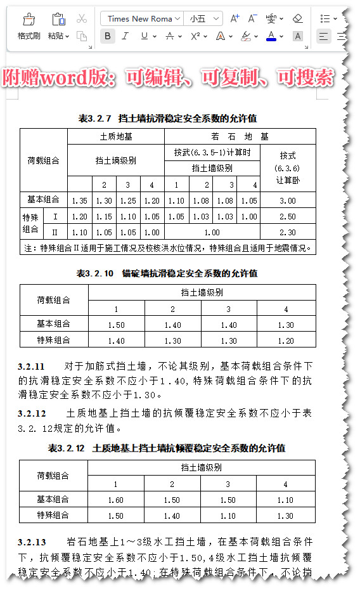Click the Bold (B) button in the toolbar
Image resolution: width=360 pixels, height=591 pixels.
click(x=107, y=36)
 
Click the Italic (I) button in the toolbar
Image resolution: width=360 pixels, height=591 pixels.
click(x=125, y=36)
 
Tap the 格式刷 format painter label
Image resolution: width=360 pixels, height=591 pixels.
click(x=29, y=36)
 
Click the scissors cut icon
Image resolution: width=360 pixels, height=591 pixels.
click(x=81, y=18)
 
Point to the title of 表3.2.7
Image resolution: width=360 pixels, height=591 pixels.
click(x=167, y=119)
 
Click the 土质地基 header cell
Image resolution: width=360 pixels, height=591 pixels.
click(x=116, y=136)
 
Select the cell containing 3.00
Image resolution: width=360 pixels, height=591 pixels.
click(x=288, y=200)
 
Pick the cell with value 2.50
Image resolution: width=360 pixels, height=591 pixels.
click(x=288, y=216)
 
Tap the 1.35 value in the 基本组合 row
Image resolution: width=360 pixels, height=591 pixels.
click(x=80, y=200)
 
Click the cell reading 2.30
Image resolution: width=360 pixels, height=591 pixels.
click(x=288, y=232)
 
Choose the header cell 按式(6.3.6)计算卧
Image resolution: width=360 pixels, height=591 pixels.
click(x=288, y=167)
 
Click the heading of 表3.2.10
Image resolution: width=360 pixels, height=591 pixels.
click(x=167, y=273)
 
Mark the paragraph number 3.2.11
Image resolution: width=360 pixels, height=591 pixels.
click(x=32, y=367)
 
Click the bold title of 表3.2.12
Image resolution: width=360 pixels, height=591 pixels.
click(x=167, y=448)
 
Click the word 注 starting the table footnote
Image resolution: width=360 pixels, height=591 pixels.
click(x=28, y=248)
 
